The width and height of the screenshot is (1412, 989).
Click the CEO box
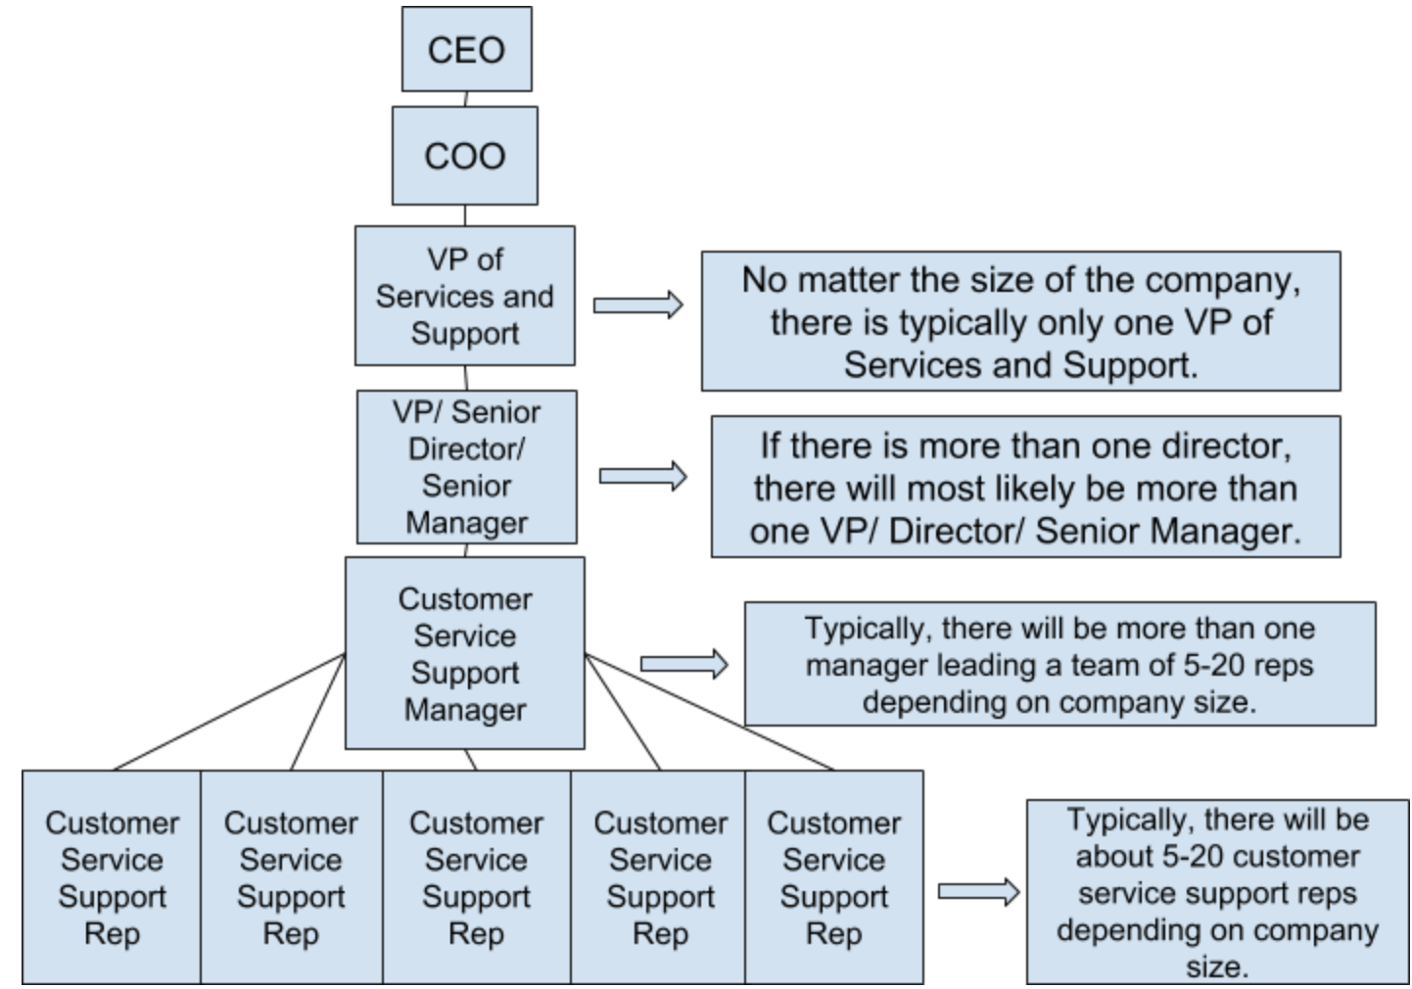[466, 49]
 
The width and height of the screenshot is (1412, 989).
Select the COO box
[464, 156]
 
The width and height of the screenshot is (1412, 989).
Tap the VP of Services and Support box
[464, 296]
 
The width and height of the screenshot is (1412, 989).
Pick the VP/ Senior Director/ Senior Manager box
[466, 467]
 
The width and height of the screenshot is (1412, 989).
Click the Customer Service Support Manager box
[464, 653]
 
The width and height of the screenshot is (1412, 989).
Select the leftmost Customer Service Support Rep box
[112, 876]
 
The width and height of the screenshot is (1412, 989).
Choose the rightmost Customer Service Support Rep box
[833, 876]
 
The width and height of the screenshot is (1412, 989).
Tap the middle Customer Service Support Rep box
[476, 876]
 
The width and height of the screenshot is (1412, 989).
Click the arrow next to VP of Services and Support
[637, 306]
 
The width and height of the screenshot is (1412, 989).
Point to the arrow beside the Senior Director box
[642, 477]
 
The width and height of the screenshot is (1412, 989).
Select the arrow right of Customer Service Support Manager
[683, 664]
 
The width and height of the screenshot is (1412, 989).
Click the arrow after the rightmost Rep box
[978, 891]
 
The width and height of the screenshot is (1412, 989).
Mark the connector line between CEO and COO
[466, 99]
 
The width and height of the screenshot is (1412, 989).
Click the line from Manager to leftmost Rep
[230, 712]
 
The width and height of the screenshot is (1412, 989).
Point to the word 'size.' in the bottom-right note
[1217, 967]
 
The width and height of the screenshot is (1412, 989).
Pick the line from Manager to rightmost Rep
[709, 712]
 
